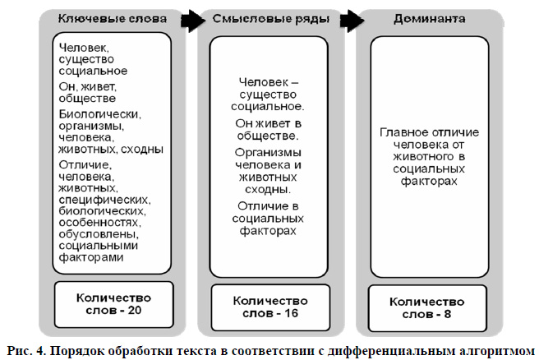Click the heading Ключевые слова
pyautogui.click(x=113, y=19)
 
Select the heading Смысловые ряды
pyautogui.click(x=271, y=19)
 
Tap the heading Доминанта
pyautogui.click(x=430, y=19)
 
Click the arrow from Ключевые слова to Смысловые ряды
pyautogui.click(x=192, y=21)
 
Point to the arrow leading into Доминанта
pyautogui.click(x=352, y=21)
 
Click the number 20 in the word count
pyautogui.click(x=135, y=310)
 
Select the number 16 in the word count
pyautogui.click(x=291, y=313)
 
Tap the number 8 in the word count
pyautogui.click(x=447, y=314)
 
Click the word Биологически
pyautogui.click(x=99, y=114)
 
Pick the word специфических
pyautogui.click(x=104, y=200)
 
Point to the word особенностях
pyautogui.click(x=99, y=223)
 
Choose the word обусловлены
pyautogui.click(x=99, y=234)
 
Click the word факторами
pyautogui.click(x=91, y=258)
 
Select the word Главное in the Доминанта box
pyautogui.click(x=404, y=132)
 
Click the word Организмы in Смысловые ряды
pyautogui.click(x=268, y=153)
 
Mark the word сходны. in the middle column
pyautogui.click(x=268, y=190)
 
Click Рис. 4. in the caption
pyautogui.click(x=26, y=351)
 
